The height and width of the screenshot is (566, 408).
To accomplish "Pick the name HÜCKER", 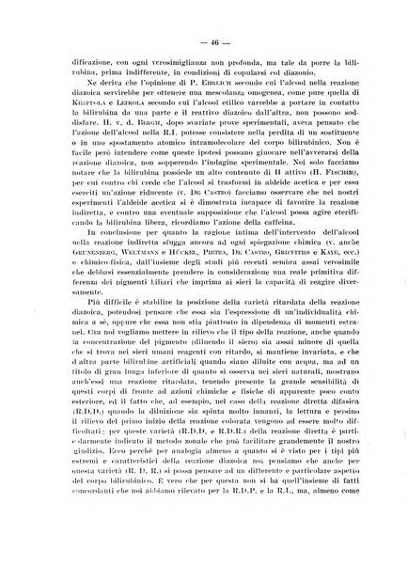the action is (x=187, y=307).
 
